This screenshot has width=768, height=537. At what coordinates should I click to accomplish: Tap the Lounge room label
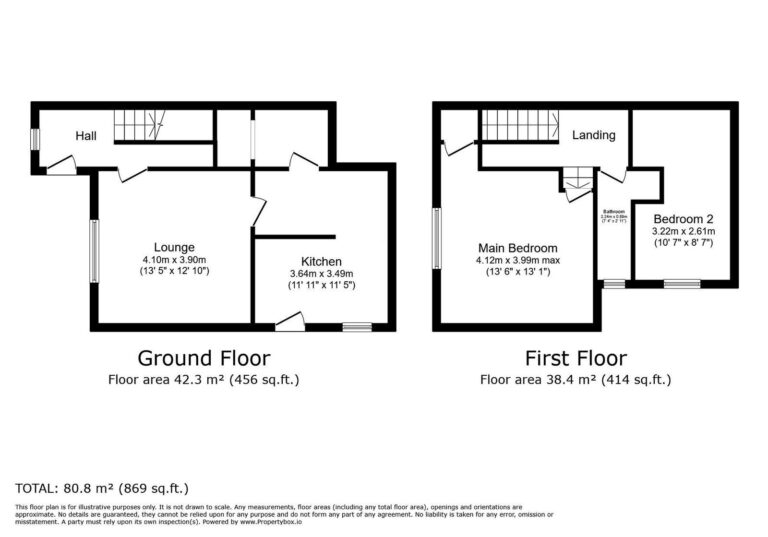(x=174, y=247)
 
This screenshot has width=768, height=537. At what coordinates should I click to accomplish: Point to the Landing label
(x=594, y=135)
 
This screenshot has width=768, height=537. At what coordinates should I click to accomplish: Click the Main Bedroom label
(x=518, y=248)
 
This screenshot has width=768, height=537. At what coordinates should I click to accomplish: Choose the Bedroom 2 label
(x=683, y=218)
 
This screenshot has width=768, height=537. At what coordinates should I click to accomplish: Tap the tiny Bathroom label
(x=614, y=211)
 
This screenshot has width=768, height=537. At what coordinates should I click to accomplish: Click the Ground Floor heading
(x=203, y=358)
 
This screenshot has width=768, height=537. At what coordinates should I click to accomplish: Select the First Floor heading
(x=576, y=358)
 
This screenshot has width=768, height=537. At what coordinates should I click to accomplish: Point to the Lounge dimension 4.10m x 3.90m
(x=174, y=259)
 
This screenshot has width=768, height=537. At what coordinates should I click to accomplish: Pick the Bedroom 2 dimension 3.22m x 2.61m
(x=683, y=231)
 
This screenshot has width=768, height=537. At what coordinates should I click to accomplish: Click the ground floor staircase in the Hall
(x=137, y=125)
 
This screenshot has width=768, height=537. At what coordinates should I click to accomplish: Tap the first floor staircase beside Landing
(x=520, y=126)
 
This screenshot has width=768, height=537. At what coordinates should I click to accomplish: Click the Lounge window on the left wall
(x=94, y=251)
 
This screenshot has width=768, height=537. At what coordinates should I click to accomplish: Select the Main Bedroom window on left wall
(x=436, y=238)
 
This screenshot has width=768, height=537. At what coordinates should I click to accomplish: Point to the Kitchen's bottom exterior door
(x=290, y=322)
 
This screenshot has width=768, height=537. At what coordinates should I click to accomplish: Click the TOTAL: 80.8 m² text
(x=102, y=488)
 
